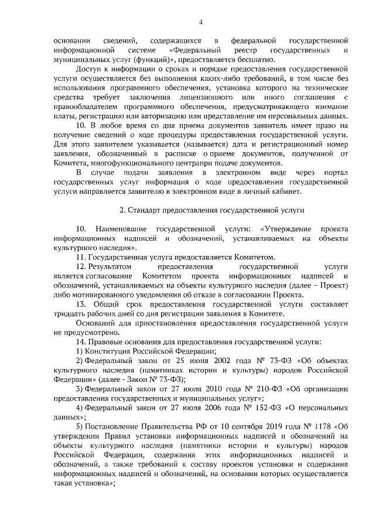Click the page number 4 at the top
[x=200, y=22]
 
